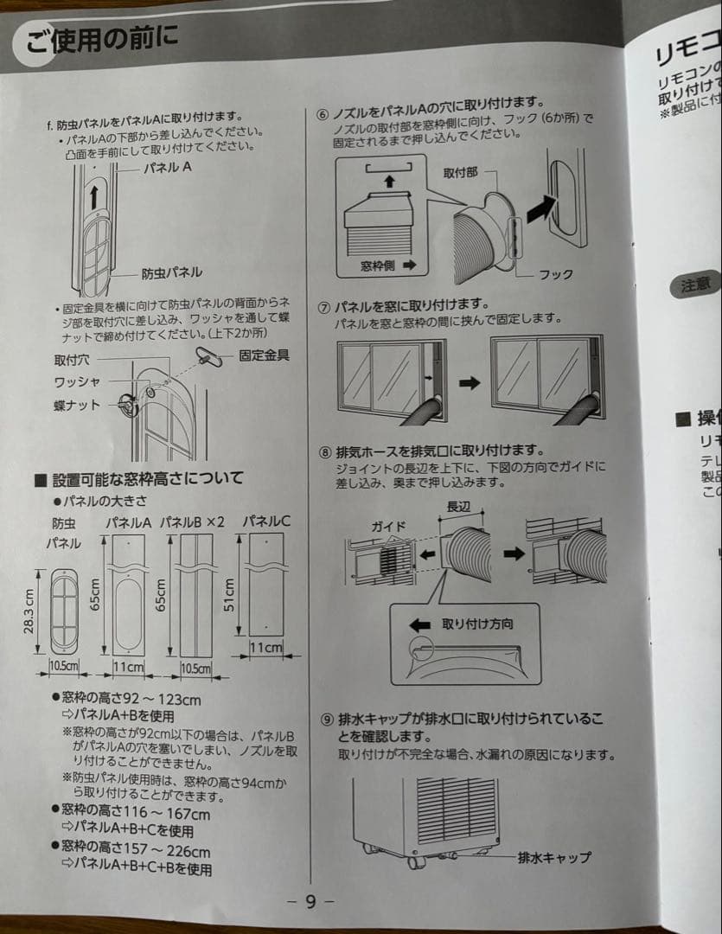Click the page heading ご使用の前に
pos(102,40)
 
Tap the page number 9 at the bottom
pos(310,901)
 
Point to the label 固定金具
pos(264,355)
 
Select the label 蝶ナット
pos(77,405)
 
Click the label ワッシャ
pos(76,381)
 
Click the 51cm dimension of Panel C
pos(230,595)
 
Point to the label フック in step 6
pos(556,274)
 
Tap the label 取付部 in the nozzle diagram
pos(460,173)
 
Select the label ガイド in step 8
pos(388,526)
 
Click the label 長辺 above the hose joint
pos(459,506)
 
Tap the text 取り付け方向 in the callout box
pos(477,624)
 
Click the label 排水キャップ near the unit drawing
pos(554,857)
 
